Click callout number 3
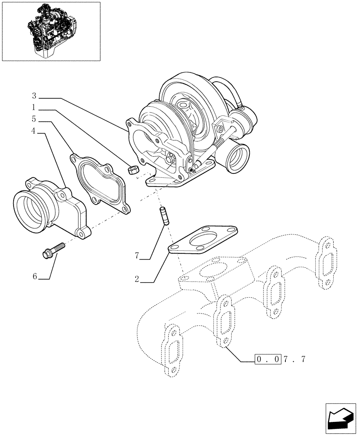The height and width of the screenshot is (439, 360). (x=34, y=96)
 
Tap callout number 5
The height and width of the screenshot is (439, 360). (x=34, y=119)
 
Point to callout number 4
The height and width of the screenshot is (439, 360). (x=34, y=130)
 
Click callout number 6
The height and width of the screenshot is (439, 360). (x=35, y=276)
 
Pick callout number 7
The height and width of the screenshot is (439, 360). (x=137, y=255)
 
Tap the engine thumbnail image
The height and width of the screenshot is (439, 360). (x=51, y=31)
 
